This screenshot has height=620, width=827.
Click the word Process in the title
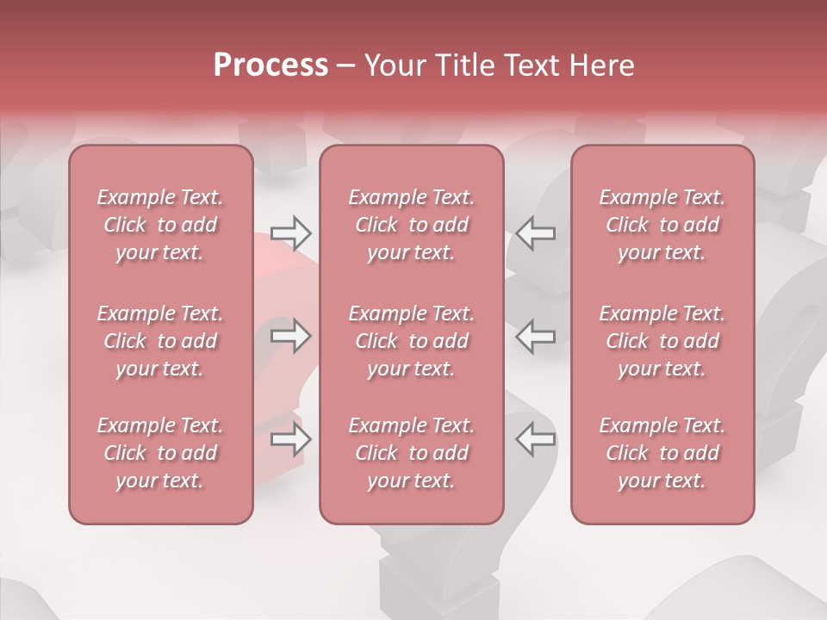point(270,65)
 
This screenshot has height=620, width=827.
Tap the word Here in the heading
point(600,65)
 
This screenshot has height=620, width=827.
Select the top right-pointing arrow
point(290,232)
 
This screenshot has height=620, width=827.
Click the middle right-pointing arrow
point(290,336)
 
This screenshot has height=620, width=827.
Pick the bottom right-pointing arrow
point(290,439)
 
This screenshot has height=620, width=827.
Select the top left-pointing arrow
point(535,232)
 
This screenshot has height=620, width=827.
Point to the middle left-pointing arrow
point(535,336)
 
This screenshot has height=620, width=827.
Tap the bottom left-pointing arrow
point(535,439)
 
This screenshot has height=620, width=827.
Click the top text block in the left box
point(160,225)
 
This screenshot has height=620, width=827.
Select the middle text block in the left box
point(160,341)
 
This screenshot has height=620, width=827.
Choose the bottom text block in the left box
point(160,453)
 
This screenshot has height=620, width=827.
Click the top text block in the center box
point(411,225)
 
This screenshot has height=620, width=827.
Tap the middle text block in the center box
point(411,341)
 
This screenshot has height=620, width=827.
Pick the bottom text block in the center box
point(411,453)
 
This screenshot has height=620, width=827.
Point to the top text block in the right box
point(662,225)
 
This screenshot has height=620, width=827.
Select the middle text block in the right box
point(662,341)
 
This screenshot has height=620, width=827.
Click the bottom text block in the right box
point(662,453)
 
